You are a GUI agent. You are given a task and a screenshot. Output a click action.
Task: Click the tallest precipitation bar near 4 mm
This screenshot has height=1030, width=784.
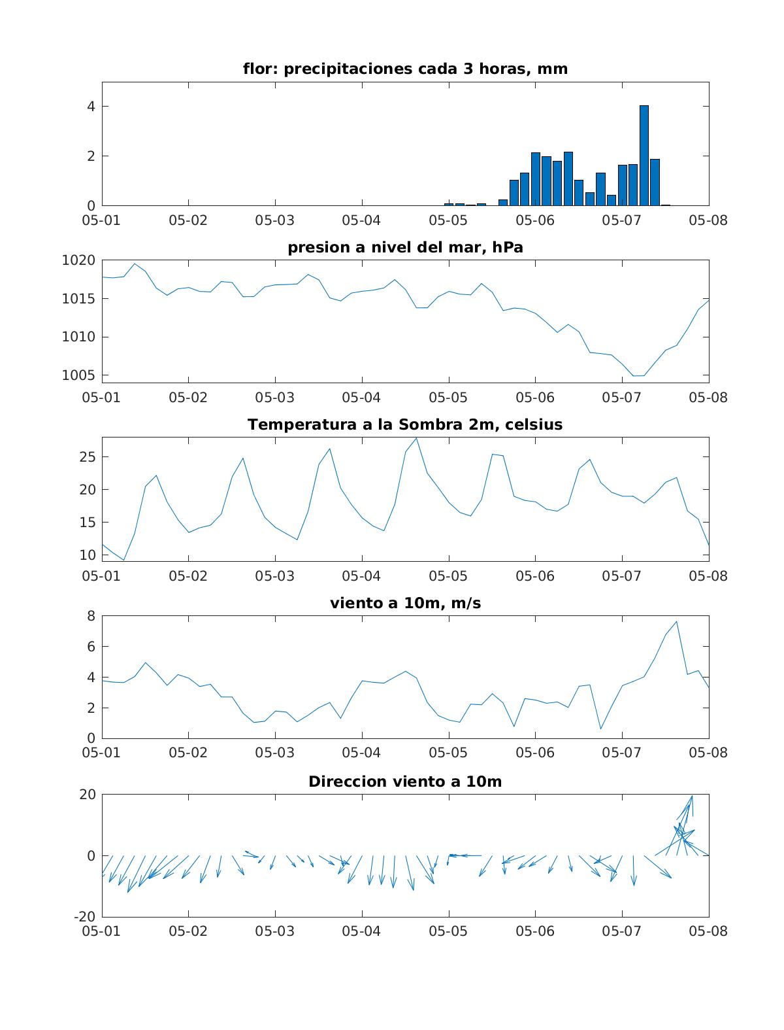pyautogui.click(x=644, y=156)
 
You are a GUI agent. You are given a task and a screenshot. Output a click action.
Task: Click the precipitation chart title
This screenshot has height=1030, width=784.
pyautogui.click(x=405, y=69)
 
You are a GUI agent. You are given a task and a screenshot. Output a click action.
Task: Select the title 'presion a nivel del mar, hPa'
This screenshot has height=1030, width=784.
pyautogui.click(x=405, y=247)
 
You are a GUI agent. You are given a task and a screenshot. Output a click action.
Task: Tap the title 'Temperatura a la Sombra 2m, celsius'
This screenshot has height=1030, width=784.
pyautogui.click(x=405, y=424)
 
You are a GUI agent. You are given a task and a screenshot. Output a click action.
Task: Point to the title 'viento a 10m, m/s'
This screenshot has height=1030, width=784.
pyautogui.click(x=405, y=602)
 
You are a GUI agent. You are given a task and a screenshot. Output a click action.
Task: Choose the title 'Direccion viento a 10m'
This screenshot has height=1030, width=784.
pyautogui.click(x=405, y=781)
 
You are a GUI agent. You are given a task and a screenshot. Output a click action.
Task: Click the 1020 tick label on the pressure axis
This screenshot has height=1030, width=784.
pyautogui.click(x=78, y=260)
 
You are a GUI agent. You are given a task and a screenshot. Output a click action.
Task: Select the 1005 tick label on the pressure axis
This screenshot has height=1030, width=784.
pyautogui.click(x=78, y=375)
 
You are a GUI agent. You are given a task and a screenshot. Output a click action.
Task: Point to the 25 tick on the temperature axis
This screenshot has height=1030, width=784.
pyautogui.click(x=87, y=456)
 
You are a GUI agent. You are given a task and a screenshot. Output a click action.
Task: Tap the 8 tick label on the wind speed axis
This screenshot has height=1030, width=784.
pyautogui.click(x=91, y=615)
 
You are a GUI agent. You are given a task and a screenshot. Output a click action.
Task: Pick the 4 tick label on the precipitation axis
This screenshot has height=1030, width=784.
pyautogui.click(x=91, y=107)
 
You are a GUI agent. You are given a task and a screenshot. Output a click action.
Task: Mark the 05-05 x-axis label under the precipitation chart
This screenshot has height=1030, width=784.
pyautogui.click(x=448, y=220)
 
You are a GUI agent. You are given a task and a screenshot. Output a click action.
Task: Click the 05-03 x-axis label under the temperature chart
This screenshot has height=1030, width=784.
pyautogui.click(x=274, y=575)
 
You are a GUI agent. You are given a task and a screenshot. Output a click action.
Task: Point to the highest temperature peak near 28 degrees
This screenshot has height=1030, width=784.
pyautogui.click(x=416, y=438)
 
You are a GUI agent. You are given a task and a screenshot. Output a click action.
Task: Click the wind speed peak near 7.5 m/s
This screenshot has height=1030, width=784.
pyautogui.click(x=676, y=621)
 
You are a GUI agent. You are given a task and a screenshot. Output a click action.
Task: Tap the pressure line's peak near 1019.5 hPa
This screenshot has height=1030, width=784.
pyautogui.click(x=135, y=264)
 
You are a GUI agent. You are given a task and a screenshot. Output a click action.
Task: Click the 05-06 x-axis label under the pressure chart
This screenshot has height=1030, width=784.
pyautogui.click(x=534, y=398)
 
